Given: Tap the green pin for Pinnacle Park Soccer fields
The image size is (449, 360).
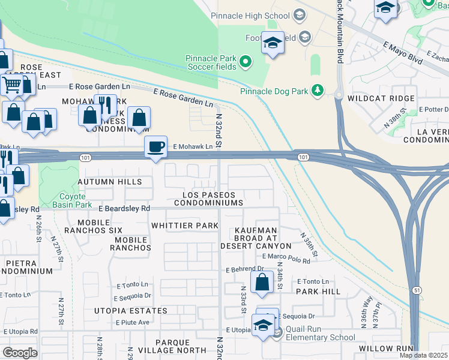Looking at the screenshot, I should coord(245,61).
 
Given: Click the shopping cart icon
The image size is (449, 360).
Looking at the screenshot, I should coord(11,85).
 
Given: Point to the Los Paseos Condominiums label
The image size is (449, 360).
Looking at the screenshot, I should coord(209,199).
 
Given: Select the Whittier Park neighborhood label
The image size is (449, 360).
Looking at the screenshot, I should coord(185,226).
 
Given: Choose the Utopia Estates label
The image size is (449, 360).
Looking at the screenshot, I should coord(130,311).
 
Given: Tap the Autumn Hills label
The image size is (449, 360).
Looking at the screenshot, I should coord(109,182).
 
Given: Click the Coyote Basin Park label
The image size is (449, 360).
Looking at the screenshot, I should coord(64,200).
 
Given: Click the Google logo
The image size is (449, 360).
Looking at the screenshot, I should coord(20,352).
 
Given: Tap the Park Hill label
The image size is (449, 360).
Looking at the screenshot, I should coord(318,292).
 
